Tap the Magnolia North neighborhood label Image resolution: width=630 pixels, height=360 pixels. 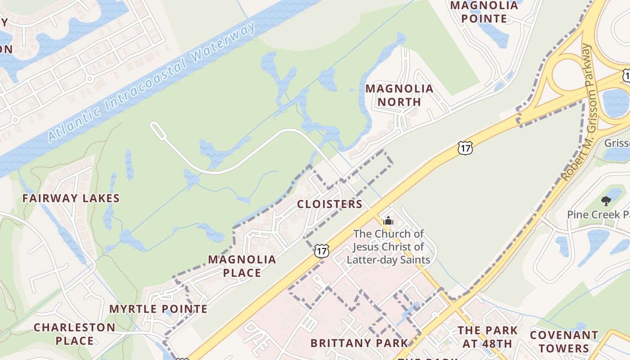(x=399, y=95)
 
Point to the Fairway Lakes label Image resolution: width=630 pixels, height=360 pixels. (x=71, y=198)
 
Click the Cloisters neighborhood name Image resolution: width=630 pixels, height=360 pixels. (x=330, y=204)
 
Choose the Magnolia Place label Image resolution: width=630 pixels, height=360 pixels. (x=242, y=266)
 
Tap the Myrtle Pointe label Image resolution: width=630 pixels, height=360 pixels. (x=158, y=309)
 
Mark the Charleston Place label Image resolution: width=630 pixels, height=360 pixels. (x=75, y=334)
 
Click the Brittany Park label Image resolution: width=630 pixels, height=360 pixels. (x=359, y=343)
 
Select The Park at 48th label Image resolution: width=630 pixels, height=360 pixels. (x=488, y=337)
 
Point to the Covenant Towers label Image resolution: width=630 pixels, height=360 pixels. (x=564, y=342)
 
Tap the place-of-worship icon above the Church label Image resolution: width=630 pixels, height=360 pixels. (x=388, y=220)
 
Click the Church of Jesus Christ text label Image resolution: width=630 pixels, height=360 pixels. (x=388, y=247)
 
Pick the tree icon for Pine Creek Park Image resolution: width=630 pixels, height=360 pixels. (x=606, y=201)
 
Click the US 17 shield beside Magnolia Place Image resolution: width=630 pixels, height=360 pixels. (x=321, y=251)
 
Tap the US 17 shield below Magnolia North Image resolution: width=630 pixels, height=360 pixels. (x=465, y=148)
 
